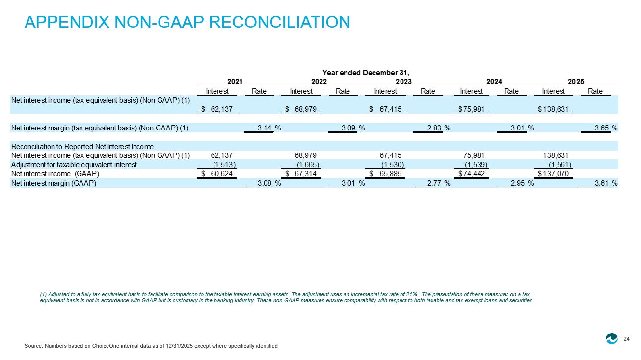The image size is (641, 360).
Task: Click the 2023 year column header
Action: click(403, 82)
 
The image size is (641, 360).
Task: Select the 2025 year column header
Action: click(576, 82)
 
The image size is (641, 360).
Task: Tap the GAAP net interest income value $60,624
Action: click(217, 174)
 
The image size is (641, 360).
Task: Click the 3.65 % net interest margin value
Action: click(606, 128)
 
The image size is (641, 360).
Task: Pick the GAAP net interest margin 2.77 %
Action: click(438, 183)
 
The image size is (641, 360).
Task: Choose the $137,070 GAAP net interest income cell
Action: click(553, 174)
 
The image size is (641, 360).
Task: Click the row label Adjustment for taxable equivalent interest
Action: click(74, 165)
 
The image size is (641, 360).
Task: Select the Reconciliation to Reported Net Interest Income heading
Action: click(82, 146)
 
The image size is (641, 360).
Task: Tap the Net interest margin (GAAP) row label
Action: click(53, 183)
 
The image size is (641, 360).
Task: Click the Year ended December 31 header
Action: click(366, 73)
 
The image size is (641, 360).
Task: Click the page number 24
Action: click(626, 339)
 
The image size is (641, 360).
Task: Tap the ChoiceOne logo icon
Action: click(612, 339)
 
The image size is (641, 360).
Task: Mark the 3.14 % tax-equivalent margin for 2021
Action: click(269, 128)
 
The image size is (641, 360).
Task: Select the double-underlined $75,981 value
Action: click(471, 109)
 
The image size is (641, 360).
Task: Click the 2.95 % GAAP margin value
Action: click(522, 183)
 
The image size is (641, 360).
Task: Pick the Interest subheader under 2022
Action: click(301, 91)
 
